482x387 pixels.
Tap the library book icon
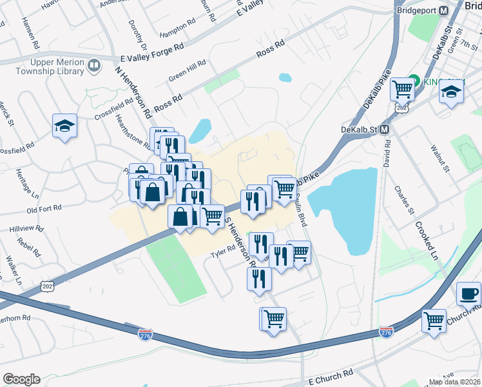click(94, 66)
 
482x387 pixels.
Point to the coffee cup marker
click(468, 294)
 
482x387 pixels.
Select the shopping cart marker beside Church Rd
click(434, 320)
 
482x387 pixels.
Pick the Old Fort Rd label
click(44, 209)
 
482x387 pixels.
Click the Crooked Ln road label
click(427, 241)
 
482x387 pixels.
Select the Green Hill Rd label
click(187, 70)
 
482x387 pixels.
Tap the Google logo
click(21, 379)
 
